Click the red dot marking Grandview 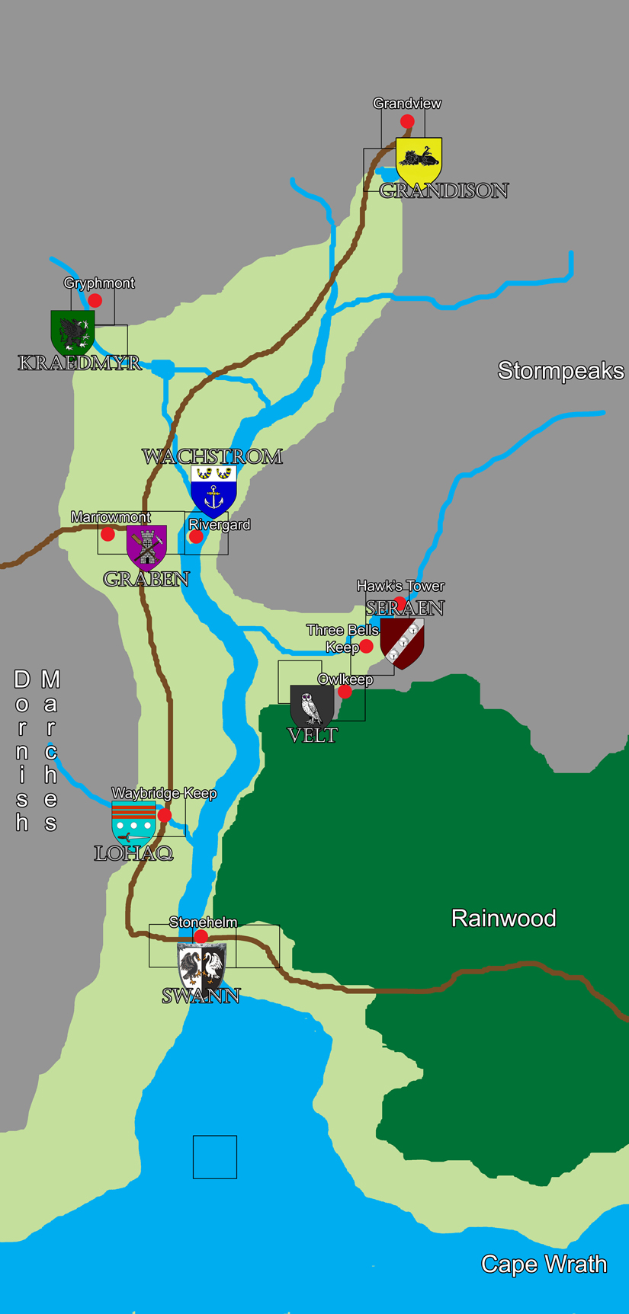(x=407, y=121)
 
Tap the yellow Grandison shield (x=419, y=161)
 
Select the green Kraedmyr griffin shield (x=72, y=332)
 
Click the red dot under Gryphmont (x=95, y=300)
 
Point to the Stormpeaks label (x=560, y=371)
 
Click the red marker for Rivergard (x=196, y=537)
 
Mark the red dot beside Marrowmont (x=108, y=534)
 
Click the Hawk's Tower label (x=400, y=586)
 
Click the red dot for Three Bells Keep (x=366, y=647)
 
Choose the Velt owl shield (x=311, y=707)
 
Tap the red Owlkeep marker (x=345, y=692)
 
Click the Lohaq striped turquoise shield (x=133, y=822)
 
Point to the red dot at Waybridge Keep (x=164, y=816)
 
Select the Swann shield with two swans (x=202, y=967)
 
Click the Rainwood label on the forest (x=503, y=918)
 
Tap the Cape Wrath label (x=544, y=1264)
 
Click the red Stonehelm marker (x=201, y=937)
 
